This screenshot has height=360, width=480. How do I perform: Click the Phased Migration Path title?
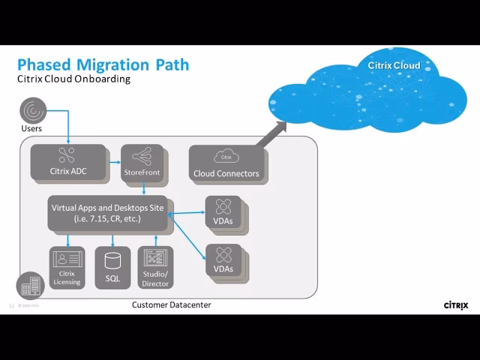pos(103,64)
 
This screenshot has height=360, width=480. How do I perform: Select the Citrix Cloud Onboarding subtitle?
pos(73,79)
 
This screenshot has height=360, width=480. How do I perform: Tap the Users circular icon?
pos(32,111)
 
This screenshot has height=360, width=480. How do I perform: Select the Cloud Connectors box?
pos(225,163)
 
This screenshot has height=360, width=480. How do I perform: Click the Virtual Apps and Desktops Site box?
pos(108,213)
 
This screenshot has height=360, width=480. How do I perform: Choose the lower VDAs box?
pos(223,260)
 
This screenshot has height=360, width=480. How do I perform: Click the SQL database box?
pos(112,268)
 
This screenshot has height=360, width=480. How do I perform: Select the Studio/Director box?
pos(155,268)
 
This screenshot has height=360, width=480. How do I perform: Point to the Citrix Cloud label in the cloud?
pos(394,65)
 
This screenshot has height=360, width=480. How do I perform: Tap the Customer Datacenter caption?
pos(171,305)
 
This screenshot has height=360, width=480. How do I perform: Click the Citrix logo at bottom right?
pos(457,305)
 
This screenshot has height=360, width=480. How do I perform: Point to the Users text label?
pos(31,128)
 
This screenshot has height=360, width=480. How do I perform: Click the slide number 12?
pos(11,306)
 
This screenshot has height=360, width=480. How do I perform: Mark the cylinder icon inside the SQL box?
pos(112,261)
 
